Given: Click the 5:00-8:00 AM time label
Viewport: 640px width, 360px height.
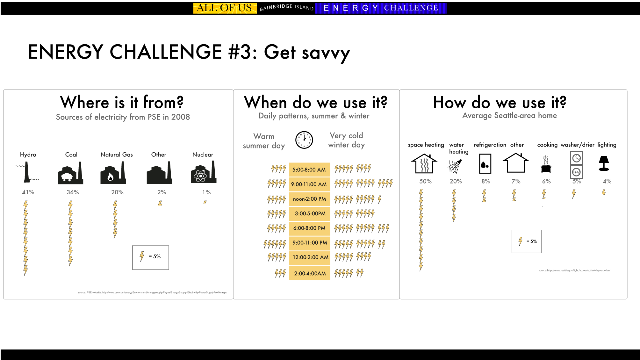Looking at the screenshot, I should (309, 170).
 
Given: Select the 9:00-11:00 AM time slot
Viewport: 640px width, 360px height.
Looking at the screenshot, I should (309, 184).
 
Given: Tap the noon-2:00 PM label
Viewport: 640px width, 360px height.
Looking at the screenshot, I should (309, 199).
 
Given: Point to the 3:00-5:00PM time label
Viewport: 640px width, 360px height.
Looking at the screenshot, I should (310, 213).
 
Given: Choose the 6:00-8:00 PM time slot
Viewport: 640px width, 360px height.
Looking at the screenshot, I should (309, 228).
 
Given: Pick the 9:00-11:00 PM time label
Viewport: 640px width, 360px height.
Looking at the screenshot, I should (310, 243).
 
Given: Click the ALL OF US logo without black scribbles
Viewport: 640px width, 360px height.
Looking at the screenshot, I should (225, 8).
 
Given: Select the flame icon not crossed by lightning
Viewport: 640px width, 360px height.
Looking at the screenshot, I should (111, 176).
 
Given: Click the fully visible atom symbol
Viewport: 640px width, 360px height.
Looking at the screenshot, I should (200, 176).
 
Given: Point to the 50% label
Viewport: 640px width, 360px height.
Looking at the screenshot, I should (425, 181).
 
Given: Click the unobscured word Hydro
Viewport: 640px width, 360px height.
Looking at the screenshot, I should (28, 155).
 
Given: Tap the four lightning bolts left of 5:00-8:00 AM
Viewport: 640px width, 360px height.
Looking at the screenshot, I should (279, 168).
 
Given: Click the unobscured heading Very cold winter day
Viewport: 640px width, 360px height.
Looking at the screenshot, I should (346, 140).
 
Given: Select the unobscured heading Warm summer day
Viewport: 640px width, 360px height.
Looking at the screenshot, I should (264, 140).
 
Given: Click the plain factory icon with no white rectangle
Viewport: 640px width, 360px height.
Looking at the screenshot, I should (158, 174).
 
